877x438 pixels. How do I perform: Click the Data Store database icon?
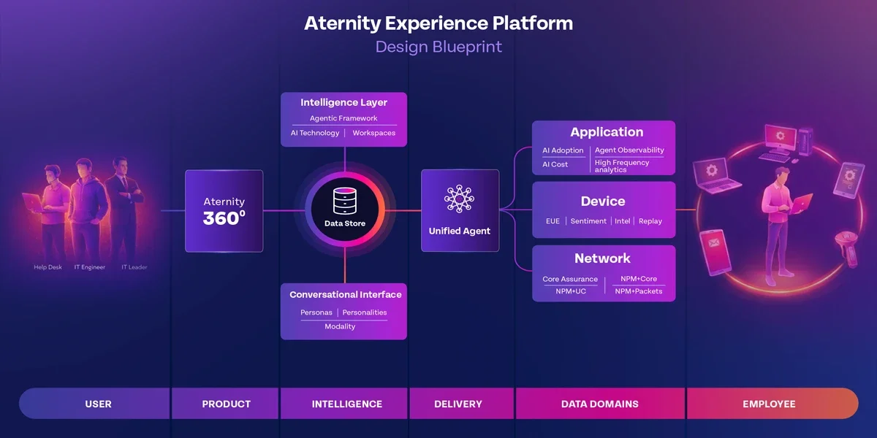[x=343, y=201]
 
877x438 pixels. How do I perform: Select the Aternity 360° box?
[x=224, y=211]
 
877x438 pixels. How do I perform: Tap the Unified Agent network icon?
[x=459, y=199]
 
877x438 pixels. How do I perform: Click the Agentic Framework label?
[x=343, y=118]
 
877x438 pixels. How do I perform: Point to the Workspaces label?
[x=373, y=133]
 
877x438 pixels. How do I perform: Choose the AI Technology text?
[x=315, y=133]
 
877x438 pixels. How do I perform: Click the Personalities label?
[x=365, y=312]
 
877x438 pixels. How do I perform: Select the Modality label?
[x=340, y=326]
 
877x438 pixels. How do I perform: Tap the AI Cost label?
[x=555, y=164]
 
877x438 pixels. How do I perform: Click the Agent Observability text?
[x=629, y=150]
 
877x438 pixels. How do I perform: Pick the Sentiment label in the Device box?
[x=588, y=221]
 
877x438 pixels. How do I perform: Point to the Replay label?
[x=650, y=221]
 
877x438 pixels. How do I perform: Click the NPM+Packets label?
[x=638, y=291]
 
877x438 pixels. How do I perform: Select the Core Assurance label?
[x=570, y=279]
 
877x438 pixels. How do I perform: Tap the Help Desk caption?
[x=48, y=267]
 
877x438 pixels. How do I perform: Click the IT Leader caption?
[x=134, y=267]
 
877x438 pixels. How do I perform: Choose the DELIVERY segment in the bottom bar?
[x=458, y=404]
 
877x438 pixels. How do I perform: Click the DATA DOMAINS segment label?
[x=600, y=404]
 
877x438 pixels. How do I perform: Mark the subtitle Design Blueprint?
[x=438, y=47]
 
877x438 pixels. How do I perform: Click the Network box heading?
[x=602, y=258]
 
